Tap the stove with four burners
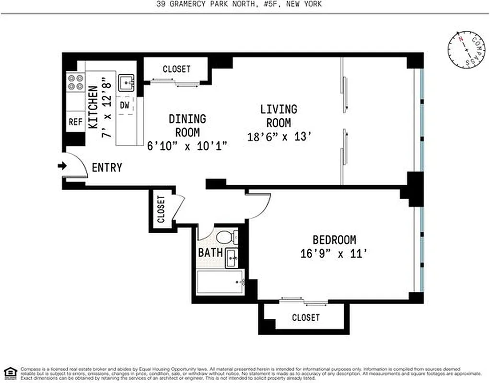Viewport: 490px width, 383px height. [x=75, y=82]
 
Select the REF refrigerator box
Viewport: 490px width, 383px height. [x=75, y=122]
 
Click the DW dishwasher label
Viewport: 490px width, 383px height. [x=125, y=105]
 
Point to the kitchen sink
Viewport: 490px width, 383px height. [x=127, y=83]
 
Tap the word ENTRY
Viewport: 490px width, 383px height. [x=106, y=168]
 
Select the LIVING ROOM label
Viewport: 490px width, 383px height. [x=279, y=116]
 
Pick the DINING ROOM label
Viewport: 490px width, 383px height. [x=187, y=125]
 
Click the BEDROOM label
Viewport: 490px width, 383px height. [x=334, y=240]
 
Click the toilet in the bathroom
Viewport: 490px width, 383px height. [x=225, y=237]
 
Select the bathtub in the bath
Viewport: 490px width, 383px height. [x=220, y=283]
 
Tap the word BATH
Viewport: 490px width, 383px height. [x=210, y=252]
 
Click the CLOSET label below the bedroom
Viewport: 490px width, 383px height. [x=305, y=317]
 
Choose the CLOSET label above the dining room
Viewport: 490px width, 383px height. [x=176, y=69]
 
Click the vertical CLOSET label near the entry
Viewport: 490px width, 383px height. [x=161, y=209]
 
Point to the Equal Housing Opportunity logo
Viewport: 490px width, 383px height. [x=10, y=372]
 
